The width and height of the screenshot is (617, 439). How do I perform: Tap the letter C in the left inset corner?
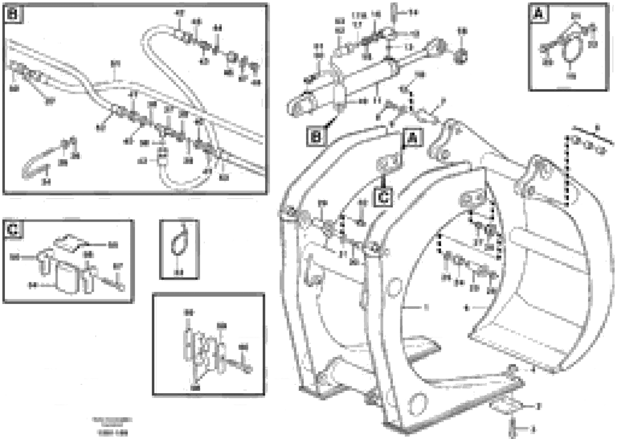13,230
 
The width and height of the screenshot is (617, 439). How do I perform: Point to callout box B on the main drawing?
316,137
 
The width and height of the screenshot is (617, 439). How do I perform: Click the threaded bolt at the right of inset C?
112,284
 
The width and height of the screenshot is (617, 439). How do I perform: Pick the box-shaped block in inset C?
67,277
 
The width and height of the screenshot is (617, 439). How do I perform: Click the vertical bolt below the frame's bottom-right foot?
512,429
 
